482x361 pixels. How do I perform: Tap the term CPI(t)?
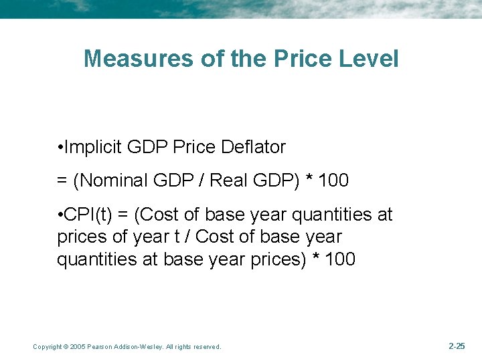point(88,215)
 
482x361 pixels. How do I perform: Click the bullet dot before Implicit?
point(60,148)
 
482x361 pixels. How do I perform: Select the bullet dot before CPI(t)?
point(60,215)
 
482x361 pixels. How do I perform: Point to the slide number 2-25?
point(457,346)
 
